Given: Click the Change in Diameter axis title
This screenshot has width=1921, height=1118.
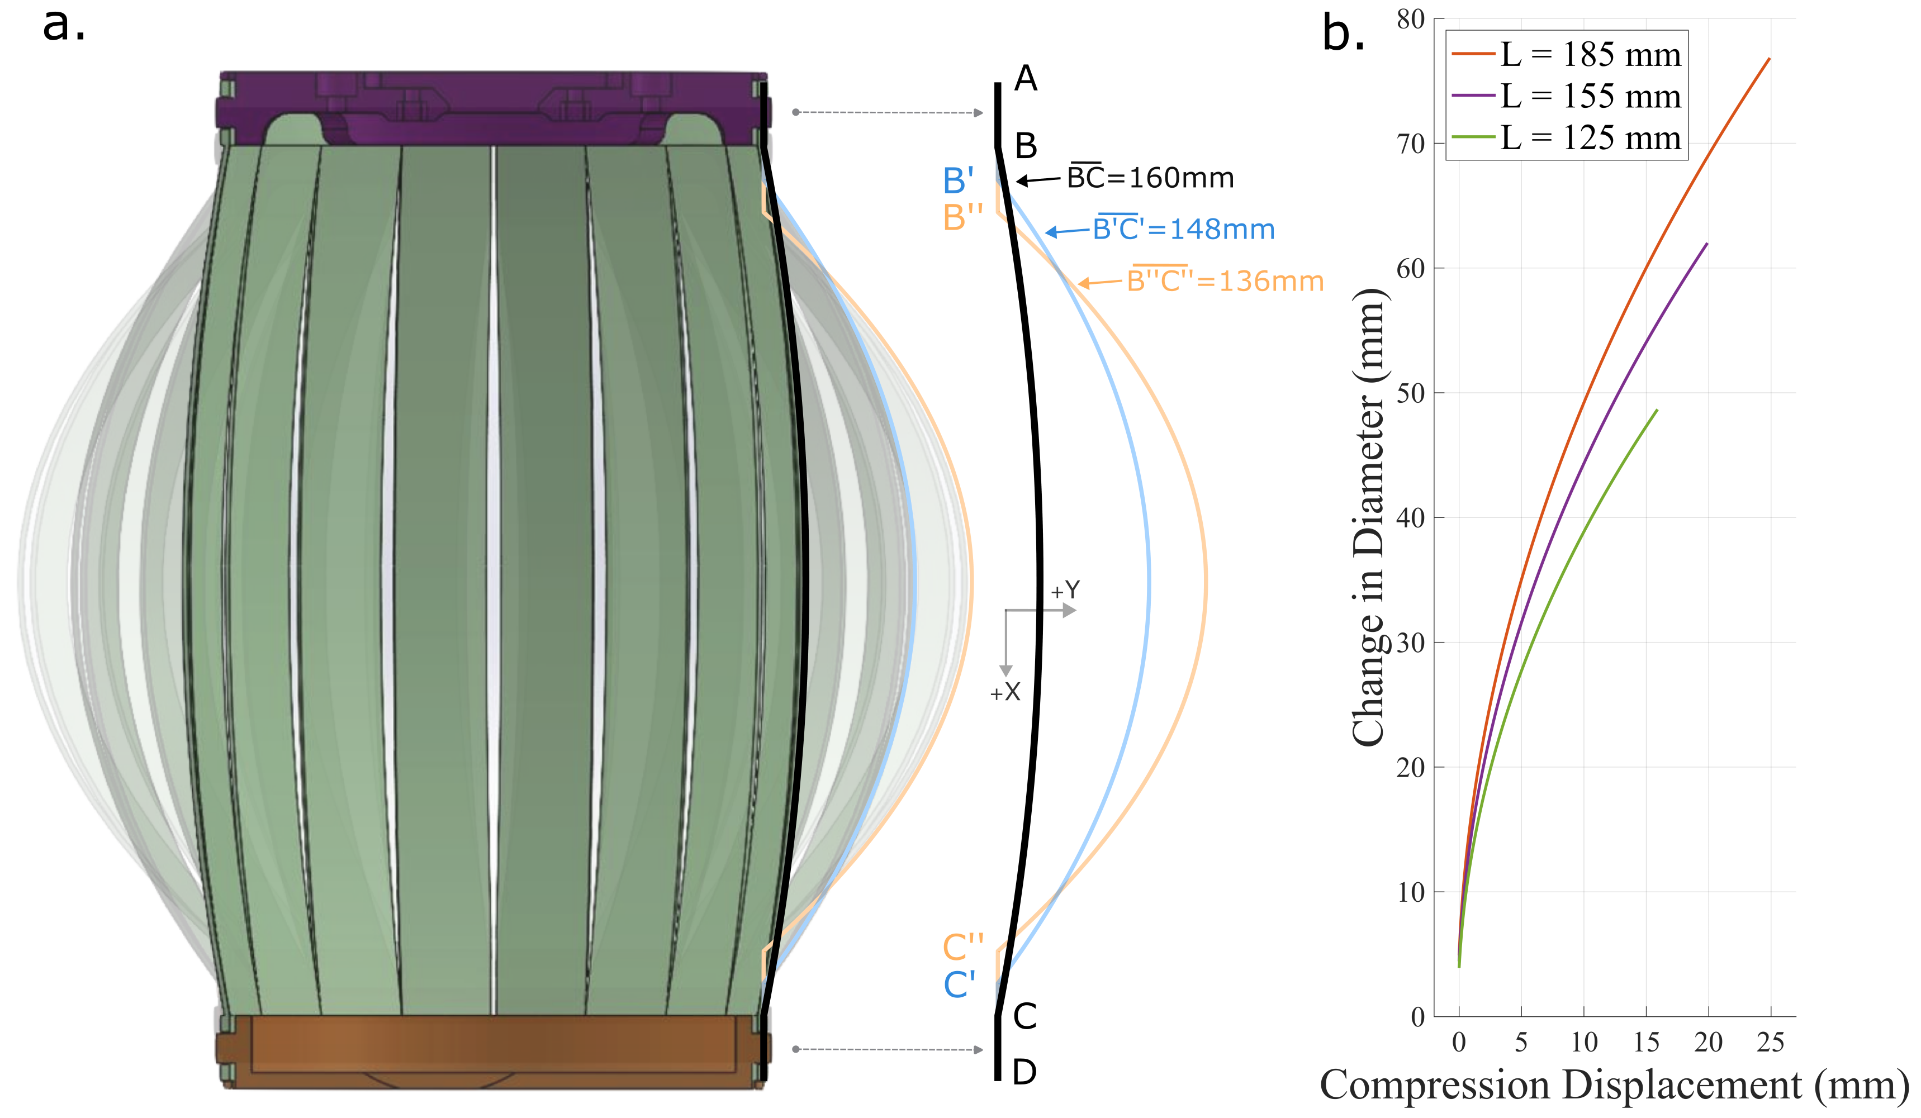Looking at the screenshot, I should [x=1368, y=518].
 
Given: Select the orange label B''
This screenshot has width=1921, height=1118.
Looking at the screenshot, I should [x=962, y=218].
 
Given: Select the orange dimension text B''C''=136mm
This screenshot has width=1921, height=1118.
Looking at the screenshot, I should [x=1224, y=280].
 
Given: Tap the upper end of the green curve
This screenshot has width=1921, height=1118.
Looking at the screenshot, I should [x=1657, y=411].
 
